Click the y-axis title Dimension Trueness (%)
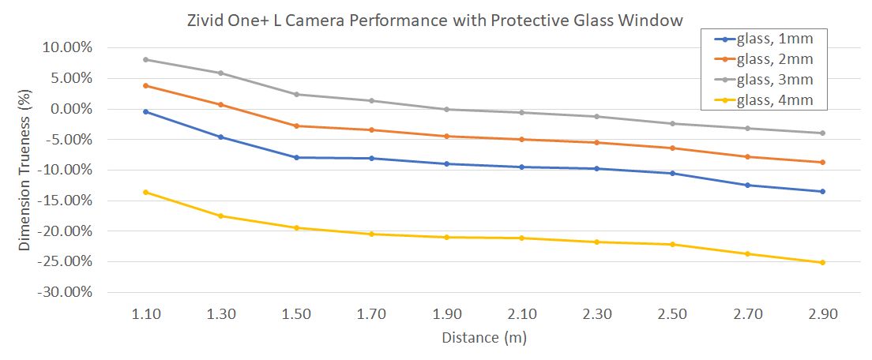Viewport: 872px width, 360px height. click(25, 170)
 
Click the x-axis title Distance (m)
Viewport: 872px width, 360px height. click(484, 338)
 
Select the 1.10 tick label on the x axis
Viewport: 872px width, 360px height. click(146, 313)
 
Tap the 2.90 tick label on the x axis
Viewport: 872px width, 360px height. click(822, 313)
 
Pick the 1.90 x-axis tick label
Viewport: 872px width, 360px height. click(446, 313)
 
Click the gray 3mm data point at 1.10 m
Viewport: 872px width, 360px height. click(146, 60)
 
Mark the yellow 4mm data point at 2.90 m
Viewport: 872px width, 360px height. click(822, 262)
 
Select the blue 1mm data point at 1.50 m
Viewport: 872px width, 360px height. click(296, 157)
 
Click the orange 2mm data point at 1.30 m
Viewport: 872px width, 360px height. click(221, 104)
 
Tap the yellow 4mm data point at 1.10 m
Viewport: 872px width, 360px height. click(146, 192)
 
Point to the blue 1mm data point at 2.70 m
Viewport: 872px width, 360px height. click(747, 185)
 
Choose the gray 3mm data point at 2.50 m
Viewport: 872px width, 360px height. click(672, 123)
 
